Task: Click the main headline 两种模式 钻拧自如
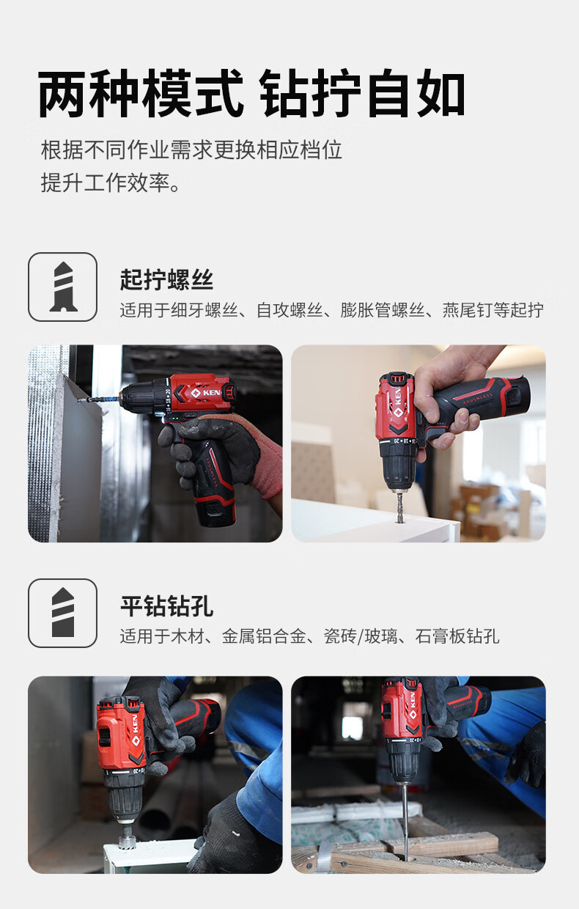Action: click(251, 94)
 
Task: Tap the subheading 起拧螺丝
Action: click(166, 279)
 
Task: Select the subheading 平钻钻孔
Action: click(166, 606)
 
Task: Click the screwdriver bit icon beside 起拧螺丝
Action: click(63, 287)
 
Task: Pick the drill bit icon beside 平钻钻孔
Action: click(63, 613)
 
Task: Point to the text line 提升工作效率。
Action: click(111, 183)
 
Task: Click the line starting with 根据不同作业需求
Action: click(191, 150)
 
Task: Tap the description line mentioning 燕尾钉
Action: click(331, 310)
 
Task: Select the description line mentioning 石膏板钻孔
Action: click(309, 636)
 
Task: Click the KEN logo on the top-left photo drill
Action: click(206, 393)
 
